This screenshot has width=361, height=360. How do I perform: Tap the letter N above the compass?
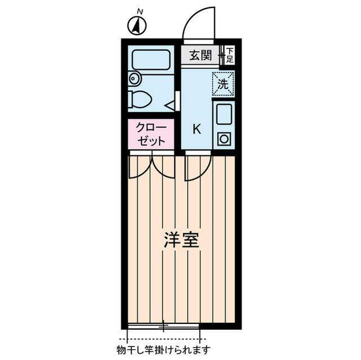pos(140,11)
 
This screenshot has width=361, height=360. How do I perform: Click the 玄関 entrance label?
pos(200,55)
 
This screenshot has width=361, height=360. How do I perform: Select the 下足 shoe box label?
pos(230,55)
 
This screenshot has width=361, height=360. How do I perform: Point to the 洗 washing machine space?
pos(223,85)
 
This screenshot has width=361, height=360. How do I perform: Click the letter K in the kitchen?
pos(197,129)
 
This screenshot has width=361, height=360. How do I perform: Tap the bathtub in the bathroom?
pos(151,60)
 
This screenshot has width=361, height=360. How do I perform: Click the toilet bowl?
pos(142,99)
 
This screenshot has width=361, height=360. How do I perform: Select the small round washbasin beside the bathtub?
pos(134,78)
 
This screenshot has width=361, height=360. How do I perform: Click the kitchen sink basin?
pos(223,114)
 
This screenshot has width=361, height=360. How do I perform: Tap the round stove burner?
pos(223,139)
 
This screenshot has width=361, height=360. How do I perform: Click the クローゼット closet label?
pos(150,135)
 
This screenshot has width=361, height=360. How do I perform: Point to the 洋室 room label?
pos(180,241)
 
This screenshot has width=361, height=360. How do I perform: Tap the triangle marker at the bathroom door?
pos(169,104)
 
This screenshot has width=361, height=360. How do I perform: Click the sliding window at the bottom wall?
pos(163,326)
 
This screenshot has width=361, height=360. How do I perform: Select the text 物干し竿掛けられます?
pos(164,350)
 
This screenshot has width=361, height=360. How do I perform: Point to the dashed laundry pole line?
pos(164,339)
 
